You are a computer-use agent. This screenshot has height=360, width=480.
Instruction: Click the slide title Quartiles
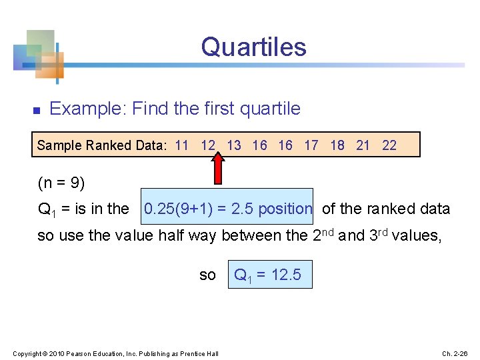[x=253, y=47]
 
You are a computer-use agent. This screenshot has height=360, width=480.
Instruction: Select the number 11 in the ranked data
[x=181, y=145]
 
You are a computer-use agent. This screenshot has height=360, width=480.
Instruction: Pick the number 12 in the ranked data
[x=208, y=145]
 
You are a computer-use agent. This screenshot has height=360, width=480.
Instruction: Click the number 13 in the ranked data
[x=234, y=145]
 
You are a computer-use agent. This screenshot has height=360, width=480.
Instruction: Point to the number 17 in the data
[x=311, y=145]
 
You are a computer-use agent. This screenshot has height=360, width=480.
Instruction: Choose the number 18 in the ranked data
[x=337, y=145]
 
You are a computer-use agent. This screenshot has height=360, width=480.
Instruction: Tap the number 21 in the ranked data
[x=363, y=145]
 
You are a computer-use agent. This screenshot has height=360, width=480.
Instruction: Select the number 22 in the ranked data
[x=389, y=145]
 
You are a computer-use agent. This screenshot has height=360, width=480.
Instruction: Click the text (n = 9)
[x=61, y=183]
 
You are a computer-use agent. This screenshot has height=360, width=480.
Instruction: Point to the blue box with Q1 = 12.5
[x=270, y=274]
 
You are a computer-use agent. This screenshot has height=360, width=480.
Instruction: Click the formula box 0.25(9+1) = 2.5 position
[x=227, y=209]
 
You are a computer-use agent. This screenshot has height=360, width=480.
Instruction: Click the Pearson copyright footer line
[x=116, y=353]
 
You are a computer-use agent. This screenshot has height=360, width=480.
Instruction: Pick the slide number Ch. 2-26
[x=455, y=353]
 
